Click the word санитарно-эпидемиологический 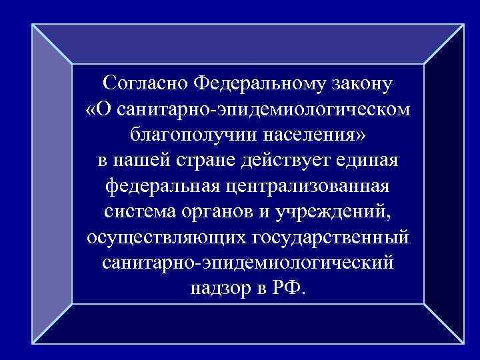pos(249,263)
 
